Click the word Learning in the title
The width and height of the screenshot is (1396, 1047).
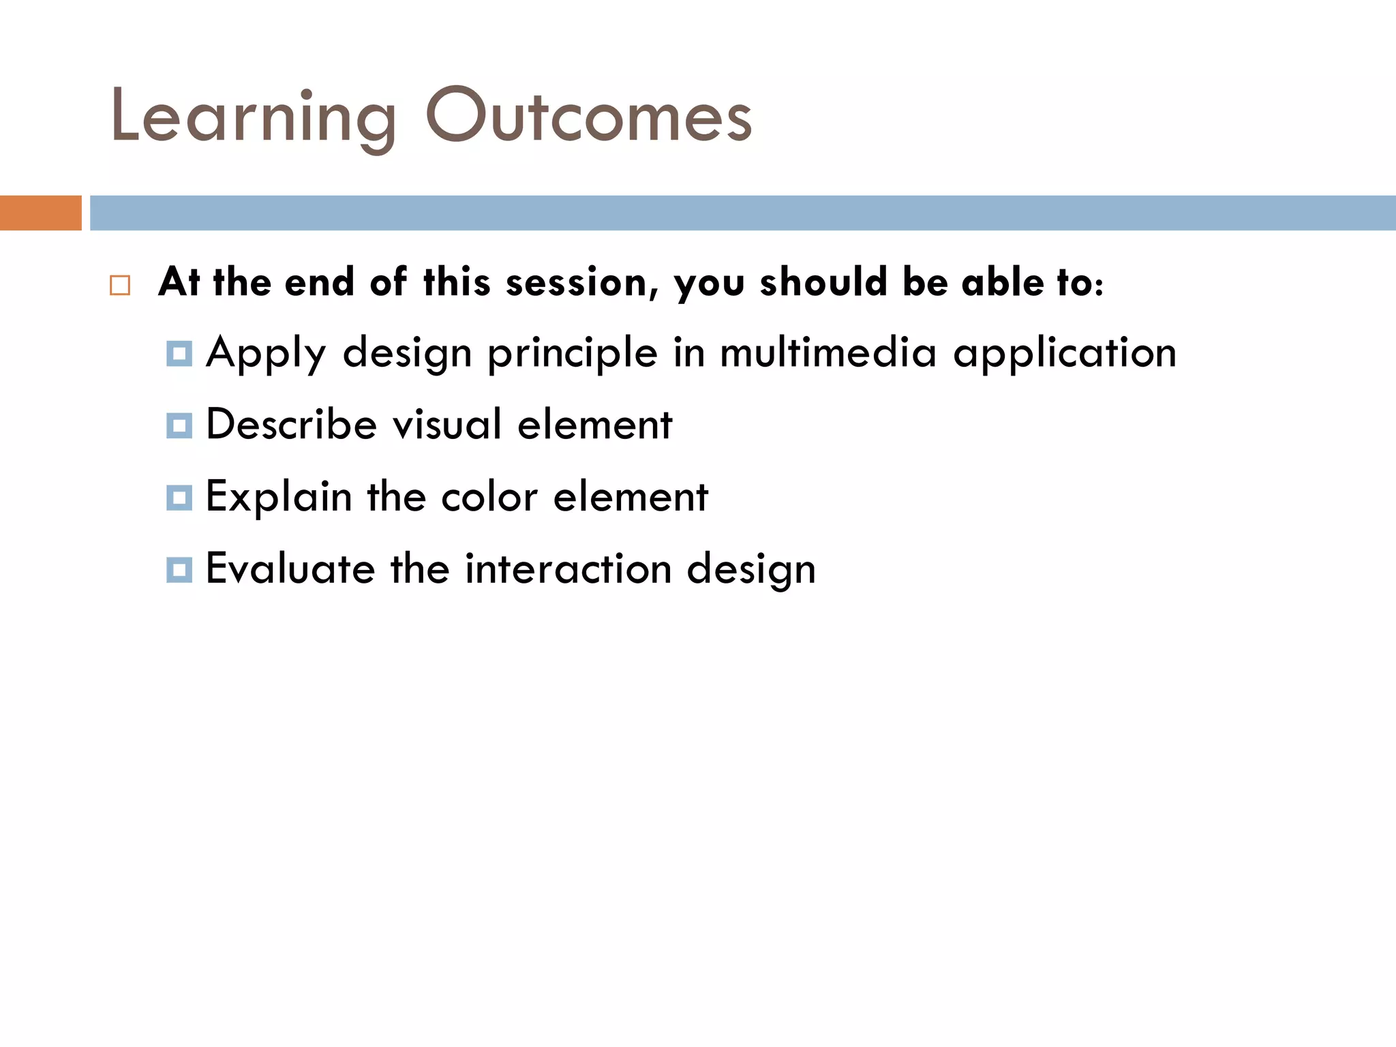(252, 117)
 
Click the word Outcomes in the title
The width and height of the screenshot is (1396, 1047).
(588, 116)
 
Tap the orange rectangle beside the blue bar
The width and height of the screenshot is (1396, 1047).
(40, 213)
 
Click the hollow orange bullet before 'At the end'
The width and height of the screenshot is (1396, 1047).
(120, 285)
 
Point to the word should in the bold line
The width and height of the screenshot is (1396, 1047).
(823, 282)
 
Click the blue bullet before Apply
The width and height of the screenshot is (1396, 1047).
(179, 354)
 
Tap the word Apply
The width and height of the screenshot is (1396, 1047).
(266, 354)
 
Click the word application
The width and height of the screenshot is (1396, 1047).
(1065, 354)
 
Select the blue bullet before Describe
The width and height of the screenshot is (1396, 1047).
(179, 425)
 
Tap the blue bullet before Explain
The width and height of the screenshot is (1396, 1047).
(179, 498)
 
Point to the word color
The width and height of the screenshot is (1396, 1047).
(489, 497)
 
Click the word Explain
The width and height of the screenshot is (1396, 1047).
(278, 497)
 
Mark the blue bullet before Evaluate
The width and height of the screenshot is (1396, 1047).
(179, 569)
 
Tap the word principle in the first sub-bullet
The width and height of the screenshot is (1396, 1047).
(572, 354)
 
